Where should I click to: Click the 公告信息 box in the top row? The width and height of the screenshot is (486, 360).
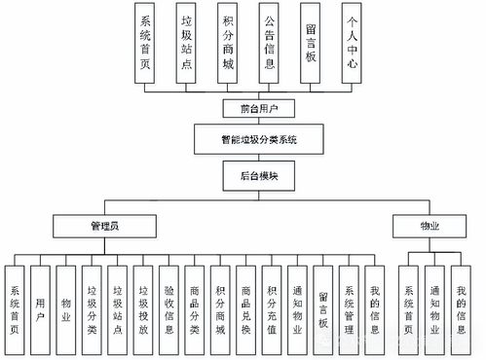coord(269,46)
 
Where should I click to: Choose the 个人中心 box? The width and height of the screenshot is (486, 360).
coord(350,46)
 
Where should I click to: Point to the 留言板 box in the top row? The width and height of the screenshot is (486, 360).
coord(310,46)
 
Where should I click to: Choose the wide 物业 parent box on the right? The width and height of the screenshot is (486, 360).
coord(429,225)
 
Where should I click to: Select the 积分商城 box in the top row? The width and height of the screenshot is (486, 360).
coord(228,46)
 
